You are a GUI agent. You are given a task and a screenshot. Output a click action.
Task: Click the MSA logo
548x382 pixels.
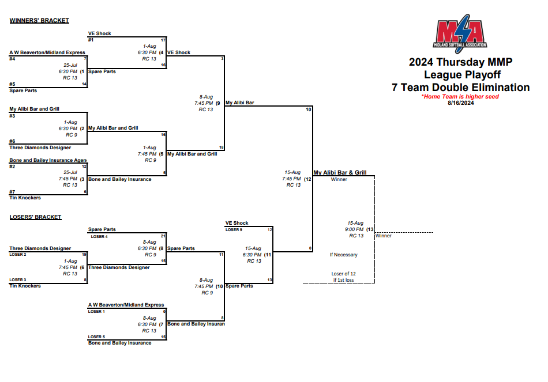click(461, 33)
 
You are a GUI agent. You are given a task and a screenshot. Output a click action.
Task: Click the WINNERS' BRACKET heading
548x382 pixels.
click(39, 21)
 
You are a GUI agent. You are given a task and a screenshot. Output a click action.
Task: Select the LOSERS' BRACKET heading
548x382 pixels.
click(35, 217)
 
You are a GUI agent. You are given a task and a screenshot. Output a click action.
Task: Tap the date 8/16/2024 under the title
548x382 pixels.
click(460, 103)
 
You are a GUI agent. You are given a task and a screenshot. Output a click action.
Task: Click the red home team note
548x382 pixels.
click(460, 97)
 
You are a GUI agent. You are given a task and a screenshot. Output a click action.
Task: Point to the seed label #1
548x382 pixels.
click(91, 40)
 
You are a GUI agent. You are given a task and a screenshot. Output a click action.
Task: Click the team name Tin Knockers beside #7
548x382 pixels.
click(25, 198)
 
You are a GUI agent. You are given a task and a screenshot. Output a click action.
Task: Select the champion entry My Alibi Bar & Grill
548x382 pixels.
click(340, 172)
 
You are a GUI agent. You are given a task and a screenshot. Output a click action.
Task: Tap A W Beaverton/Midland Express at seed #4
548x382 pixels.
click(47, 52)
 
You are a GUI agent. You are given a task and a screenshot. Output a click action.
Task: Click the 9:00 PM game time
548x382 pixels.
click(355, 229)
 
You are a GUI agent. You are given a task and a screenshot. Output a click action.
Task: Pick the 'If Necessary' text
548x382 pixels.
click(343, 255)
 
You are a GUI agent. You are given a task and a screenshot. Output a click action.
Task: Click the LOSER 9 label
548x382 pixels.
click(234, 229)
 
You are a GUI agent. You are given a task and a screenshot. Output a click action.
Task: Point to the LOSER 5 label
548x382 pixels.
click(96, 336)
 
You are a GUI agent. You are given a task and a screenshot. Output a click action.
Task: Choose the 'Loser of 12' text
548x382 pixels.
click(343, 274)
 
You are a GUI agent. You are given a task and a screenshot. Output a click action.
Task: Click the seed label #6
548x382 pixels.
click(12, 141)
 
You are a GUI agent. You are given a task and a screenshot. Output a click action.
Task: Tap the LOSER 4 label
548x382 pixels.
click(99, 236)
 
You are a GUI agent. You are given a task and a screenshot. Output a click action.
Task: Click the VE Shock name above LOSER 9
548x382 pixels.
click(237, 223)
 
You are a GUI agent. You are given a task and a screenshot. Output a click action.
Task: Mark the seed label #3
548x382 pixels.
click(12, 116)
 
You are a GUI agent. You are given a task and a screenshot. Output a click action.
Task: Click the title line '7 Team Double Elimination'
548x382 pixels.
click(460, 88)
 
